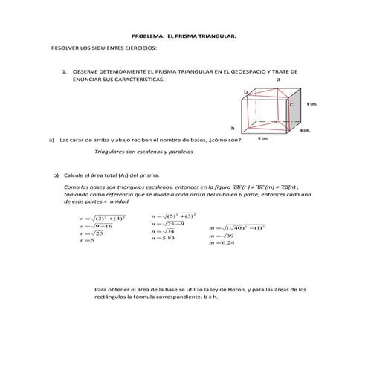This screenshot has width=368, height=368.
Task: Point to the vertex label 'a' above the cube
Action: (x=278, y=79)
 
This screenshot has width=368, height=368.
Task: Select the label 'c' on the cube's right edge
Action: (x=291, y=106)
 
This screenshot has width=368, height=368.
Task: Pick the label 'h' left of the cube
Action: (x=233, y=127)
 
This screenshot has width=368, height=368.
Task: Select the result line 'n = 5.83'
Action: (x=163, y=238)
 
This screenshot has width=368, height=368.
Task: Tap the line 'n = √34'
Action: (x=161, y=230)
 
